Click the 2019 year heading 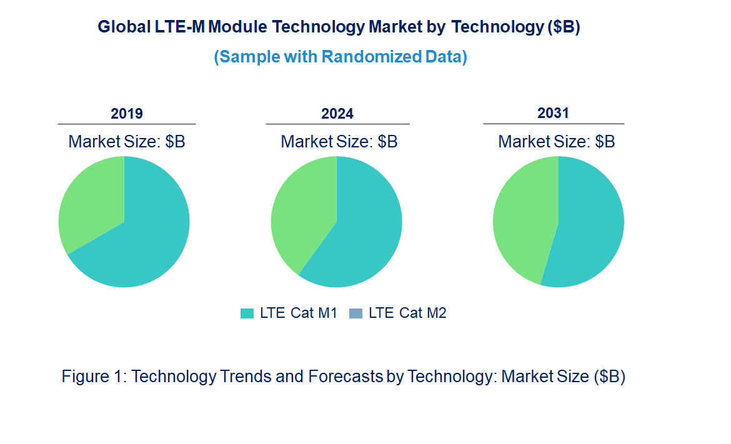[x=127, y=114]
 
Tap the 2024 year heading [x=337, y=114]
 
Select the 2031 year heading [x=554, y=113]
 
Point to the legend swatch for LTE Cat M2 [x=356, y=313]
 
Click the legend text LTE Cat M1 [x=298, y=313]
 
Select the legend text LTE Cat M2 [x=407, y=313]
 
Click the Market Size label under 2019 [x=127, y=142]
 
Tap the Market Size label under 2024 [x=339, y=142]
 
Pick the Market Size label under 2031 [x=557, y=142]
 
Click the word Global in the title [x=123, y=27]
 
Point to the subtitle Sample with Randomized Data [x=341, y=57]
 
